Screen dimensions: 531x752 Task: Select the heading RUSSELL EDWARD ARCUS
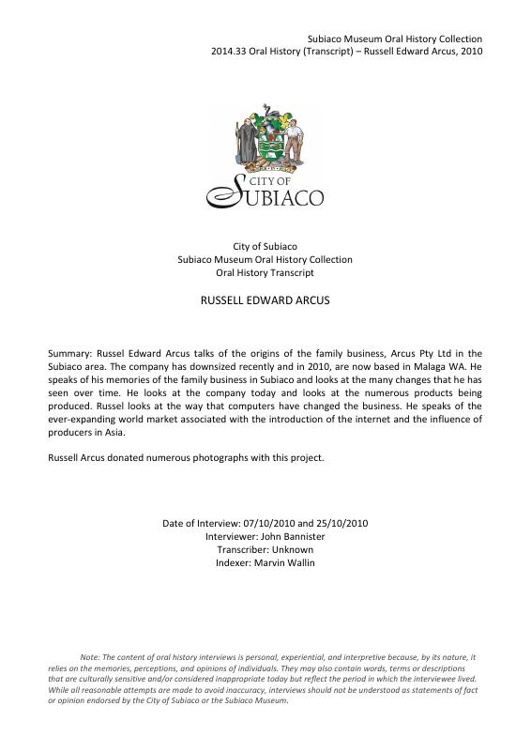pyautogui.click(x=265, y=304)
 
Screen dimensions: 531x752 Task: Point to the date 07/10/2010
pyautogui.click(x=268, y=523)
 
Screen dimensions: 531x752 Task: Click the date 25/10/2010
pyautogui.click(x=341, y=523)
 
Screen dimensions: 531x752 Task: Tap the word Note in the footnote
pyautogui.click(x=90, y=657)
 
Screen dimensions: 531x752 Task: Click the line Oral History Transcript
pyautogui.click(x=265, y=272)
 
